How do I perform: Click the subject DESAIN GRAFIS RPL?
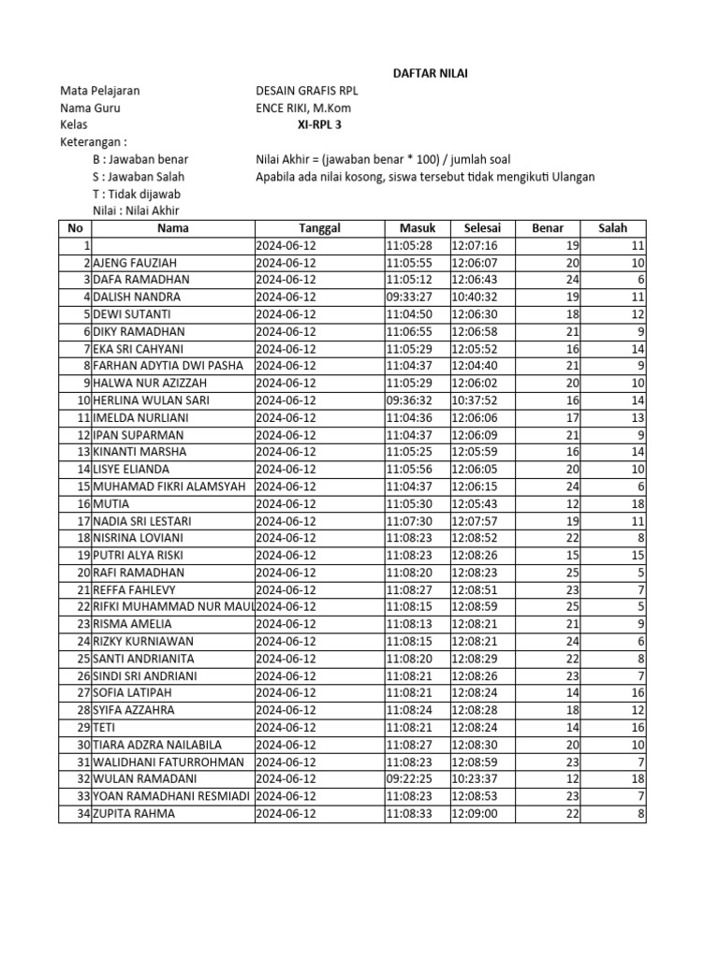tap(307, 91)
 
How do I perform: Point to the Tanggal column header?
tap(319, 228)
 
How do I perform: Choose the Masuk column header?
tap(418, 228)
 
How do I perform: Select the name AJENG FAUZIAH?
tap(135, 263)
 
